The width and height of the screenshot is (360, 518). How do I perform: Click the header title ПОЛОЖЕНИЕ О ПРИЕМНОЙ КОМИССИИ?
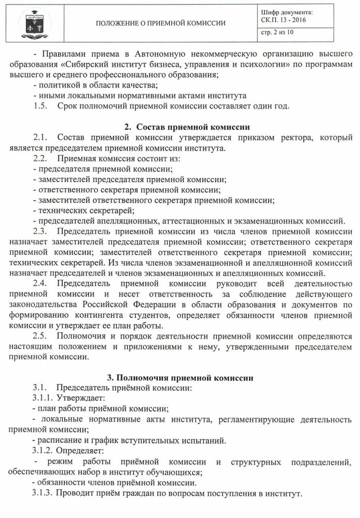(x=161, y=23)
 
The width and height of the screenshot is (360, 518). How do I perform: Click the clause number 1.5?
(x=40, y=106)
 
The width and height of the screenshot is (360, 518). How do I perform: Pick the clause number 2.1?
(x=40, y=138)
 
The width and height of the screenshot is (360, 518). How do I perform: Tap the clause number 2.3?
(x=40, y=232)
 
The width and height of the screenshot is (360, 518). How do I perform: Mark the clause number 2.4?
(x=40, y=284)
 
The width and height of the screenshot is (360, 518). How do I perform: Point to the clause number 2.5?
(x=40, y=336)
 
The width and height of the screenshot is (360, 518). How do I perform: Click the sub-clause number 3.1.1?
(x=43, y=398)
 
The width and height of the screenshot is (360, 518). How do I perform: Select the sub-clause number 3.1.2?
(x=43, y=450)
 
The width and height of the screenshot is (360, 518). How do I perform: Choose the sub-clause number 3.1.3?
(x=43, y=493)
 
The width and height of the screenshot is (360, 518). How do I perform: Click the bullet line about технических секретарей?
(x=84, y=210)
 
